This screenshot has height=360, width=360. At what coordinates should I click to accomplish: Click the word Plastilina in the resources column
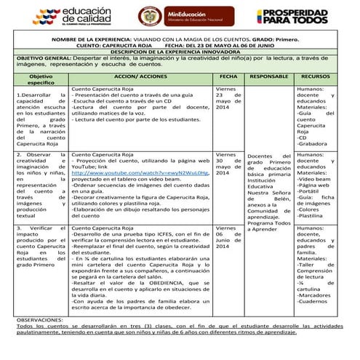click(313, 216)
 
